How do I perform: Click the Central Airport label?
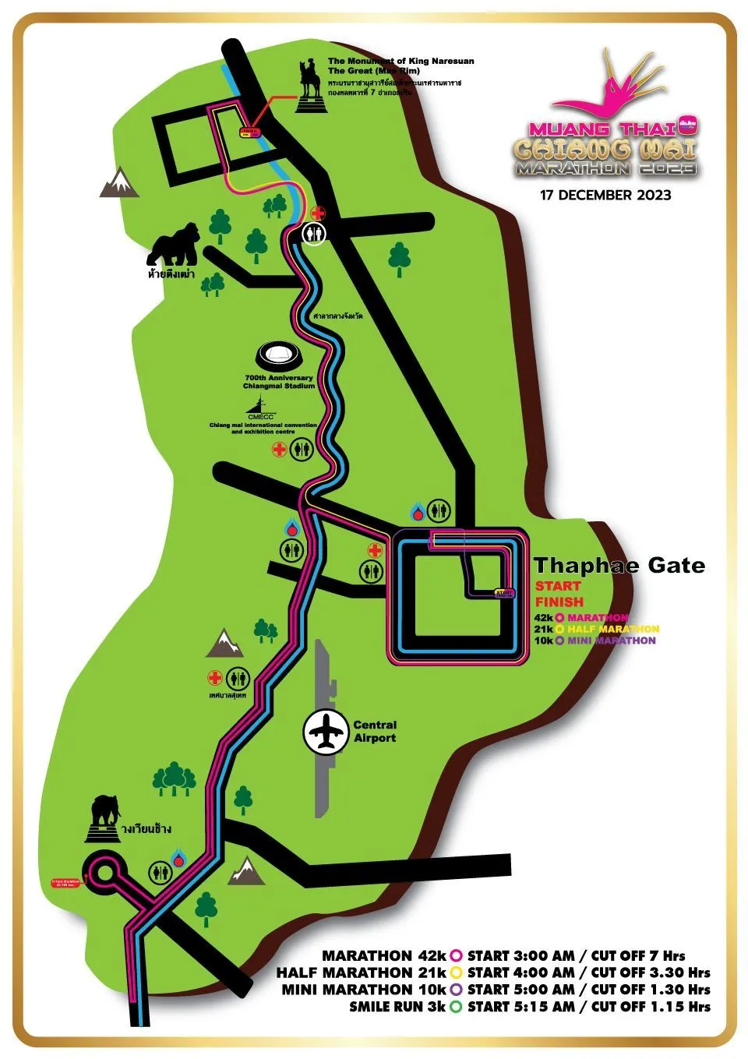(x=375, y=731)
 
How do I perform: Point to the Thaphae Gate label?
(x=619, y=566)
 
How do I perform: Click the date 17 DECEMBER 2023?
(x=605, y=195)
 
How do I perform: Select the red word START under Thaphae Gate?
(x=558, y=586)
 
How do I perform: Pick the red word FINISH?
(x=559, y=602)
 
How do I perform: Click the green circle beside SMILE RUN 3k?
(x=456, y=1006)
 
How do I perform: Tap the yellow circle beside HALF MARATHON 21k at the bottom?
(x=456, y=973)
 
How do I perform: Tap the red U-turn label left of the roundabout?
(x=66, y=883)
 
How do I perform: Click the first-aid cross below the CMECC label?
(x=278, y=449)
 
